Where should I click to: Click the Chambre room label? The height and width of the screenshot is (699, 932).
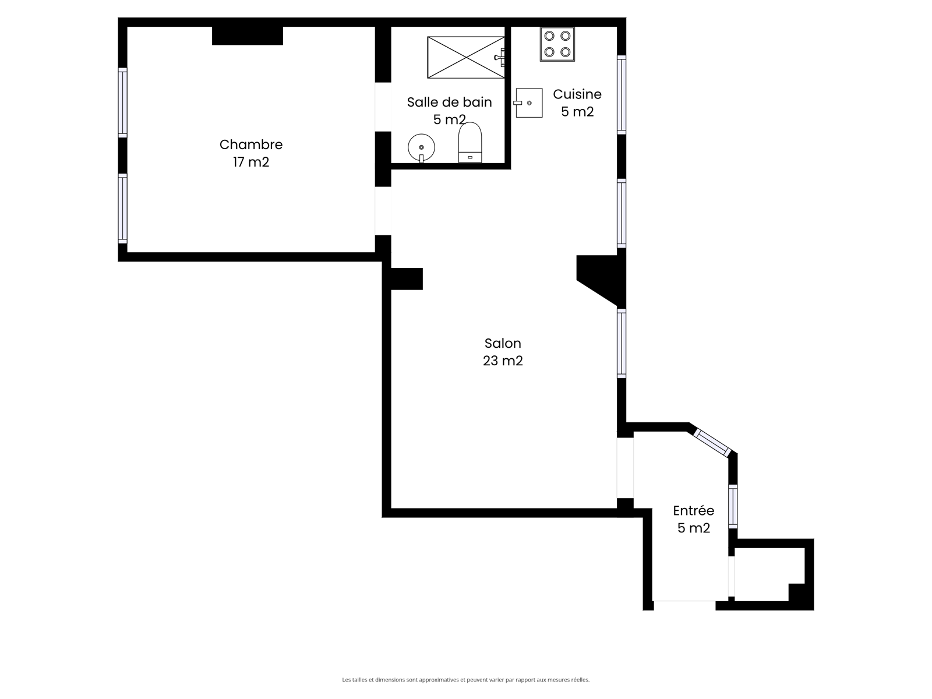tap(251, 144)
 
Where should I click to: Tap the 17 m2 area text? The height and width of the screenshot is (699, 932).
tap(251, 162)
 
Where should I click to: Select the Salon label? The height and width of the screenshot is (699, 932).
tap(503, 343)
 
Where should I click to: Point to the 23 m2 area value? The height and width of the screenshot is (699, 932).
tap(503, 361)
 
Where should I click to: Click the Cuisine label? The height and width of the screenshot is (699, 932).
tap(577, 94)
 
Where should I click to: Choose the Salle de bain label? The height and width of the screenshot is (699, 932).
tap(449, 103)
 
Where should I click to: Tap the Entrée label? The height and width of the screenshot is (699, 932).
tap(693, 510)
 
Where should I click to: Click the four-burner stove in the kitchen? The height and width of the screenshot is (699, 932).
tap(557, 44)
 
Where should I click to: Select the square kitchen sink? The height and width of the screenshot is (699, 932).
tap(528, 103)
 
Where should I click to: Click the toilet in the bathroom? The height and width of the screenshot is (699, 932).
tap(470, 142)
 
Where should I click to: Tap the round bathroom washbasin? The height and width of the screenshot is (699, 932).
tap(421, 148)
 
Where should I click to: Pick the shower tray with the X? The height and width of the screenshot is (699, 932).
tap(466, 57)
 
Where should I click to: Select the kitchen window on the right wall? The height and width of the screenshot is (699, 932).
tap(621, 94)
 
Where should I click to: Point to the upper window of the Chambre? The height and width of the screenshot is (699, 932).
tap(122, 103)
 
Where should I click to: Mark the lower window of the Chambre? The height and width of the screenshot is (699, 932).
tap(122, 209)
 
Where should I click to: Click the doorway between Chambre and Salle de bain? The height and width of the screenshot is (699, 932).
tap(383, 107)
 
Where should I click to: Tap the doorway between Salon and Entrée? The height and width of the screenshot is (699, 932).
tap(625, 468)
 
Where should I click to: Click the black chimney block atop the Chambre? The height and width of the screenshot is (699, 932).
tap(248, 36)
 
